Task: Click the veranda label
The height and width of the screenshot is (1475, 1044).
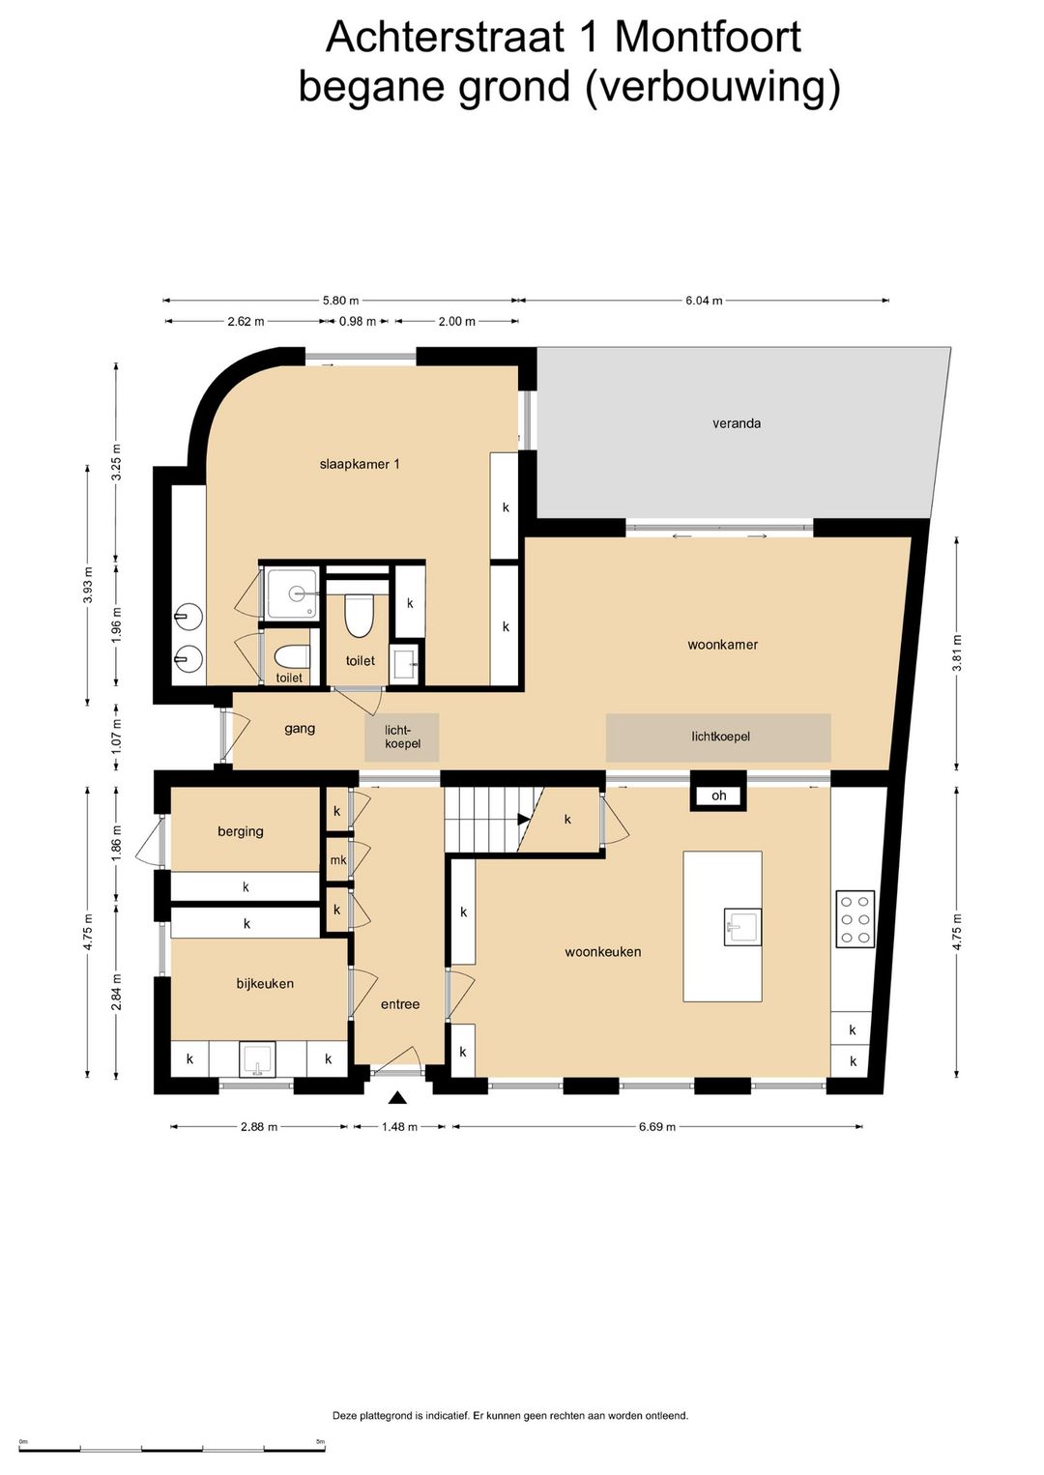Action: coord(737,423)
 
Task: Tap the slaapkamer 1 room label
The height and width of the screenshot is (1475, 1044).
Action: coord(360,464)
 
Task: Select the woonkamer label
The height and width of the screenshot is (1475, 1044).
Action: coord(722,645)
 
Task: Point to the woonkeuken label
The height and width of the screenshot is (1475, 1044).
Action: coord(602,951)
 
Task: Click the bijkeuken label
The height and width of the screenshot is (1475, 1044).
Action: coord(265,983)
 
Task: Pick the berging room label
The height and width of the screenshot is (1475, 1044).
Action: coord(241,831)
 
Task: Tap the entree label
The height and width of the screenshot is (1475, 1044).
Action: coord(400,1004)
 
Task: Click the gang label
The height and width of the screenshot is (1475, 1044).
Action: coord(300,729)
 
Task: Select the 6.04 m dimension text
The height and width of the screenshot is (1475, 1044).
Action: coord(704,301)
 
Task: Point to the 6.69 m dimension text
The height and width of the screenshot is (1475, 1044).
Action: coord(656,1127)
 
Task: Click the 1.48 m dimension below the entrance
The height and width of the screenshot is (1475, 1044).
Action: coord(399,1127)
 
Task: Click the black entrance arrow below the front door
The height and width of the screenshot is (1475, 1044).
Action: coord(396,1097)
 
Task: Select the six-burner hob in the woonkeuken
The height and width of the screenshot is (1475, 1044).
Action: coord(855,919)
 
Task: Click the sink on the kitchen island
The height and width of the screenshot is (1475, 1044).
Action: coord(742,927)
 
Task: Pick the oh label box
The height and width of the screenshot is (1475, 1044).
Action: coord(718,795)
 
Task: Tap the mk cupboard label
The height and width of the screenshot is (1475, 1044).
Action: coord(338,860)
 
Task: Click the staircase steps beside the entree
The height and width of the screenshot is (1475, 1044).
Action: coord(486,819)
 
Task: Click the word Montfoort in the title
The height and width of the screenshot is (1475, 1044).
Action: coord(708,37)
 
